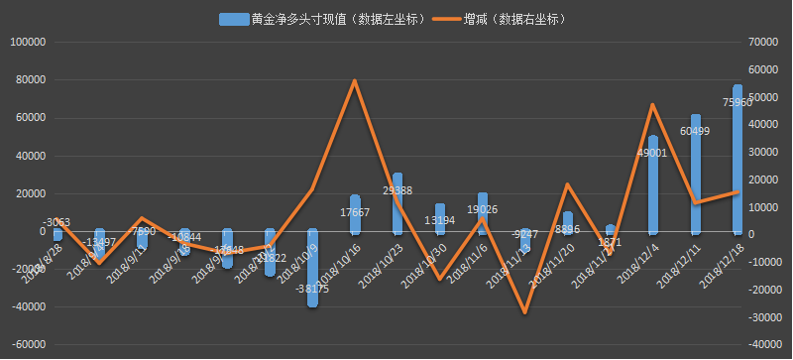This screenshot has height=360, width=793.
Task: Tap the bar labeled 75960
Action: coord(737,159)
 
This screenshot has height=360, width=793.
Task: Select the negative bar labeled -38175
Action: coord(312,268)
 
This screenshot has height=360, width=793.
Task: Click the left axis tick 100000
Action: coord(28,43)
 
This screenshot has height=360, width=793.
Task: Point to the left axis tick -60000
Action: coord(28,345)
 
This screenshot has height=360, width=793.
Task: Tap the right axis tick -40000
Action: coord(762,345)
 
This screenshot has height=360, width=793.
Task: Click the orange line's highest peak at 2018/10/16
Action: coord(355,80)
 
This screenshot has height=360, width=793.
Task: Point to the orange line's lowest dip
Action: coord(525,313)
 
